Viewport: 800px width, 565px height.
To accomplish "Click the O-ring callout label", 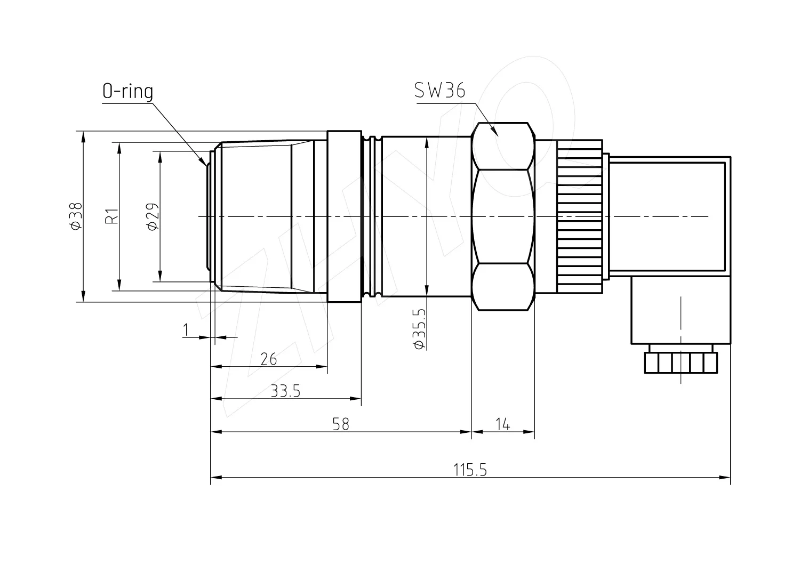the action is coord(128,91).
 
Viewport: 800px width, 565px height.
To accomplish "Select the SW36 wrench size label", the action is coord(439,90).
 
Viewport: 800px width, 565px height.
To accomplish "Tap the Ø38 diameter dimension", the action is coord(76,216).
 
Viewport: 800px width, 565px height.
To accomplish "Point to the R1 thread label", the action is coord(112,216).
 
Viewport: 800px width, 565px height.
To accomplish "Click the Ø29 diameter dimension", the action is coord(153,216).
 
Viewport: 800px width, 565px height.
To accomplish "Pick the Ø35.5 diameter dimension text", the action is coord(419,329).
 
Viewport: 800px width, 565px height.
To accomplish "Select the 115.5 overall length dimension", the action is coord(470,470).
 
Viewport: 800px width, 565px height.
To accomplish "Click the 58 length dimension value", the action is coord(341,424).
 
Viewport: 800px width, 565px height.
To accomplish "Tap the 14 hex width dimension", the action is coord(502,424).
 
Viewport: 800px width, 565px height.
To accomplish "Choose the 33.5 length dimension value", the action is coord(285,391).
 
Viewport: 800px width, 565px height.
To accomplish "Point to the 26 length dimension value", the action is coord(269,359).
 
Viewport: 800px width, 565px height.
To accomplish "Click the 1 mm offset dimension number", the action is coord(186,330).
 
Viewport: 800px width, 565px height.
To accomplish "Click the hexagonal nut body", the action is coord(503,216).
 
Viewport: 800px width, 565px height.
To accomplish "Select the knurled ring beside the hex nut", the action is coord(580,216).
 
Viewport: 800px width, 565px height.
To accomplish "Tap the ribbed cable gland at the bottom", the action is coord(681,363).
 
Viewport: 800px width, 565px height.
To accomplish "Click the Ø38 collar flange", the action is coord(345,216).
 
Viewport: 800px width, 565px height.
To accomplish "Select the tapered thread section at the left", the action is coord(267,216).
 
